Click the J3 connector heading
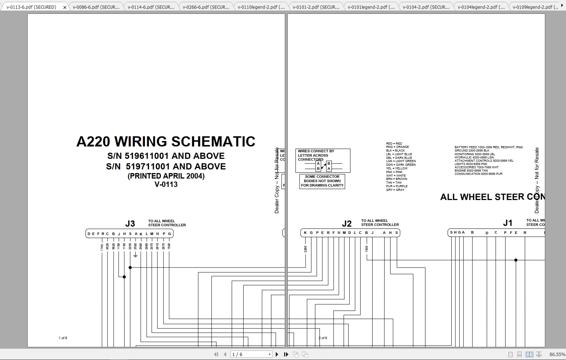coord(130,224)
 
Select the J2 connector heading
coord(347,224)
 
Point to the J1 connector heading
coord(508,223)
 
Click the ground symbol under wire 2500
coord(135,255)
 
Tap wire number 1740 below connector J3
coord(102,247)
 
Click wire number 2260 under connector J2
coord(306,249)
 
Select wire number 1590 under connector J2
coord(367,249)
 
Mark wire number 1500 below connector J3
coord(169,246)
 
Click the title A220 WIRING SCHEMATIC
coord(166,141)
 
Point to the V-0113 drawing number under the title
coord(166,184)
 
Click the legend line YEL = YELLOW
coord(397,168)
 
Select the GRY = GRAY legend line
coord(395,190)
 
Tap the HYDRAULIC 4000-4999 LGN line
coord(474,157)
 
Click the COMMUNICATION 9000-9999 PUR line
coord(478,174)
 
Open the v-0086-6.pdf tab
coord(96,7)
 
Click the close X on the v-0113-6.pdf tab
coord(65,7)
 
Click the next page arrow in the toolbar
coord(277,354)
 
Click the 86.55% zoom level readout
coord(557,354)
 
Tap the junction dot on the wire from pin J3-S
coord(130,267)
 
